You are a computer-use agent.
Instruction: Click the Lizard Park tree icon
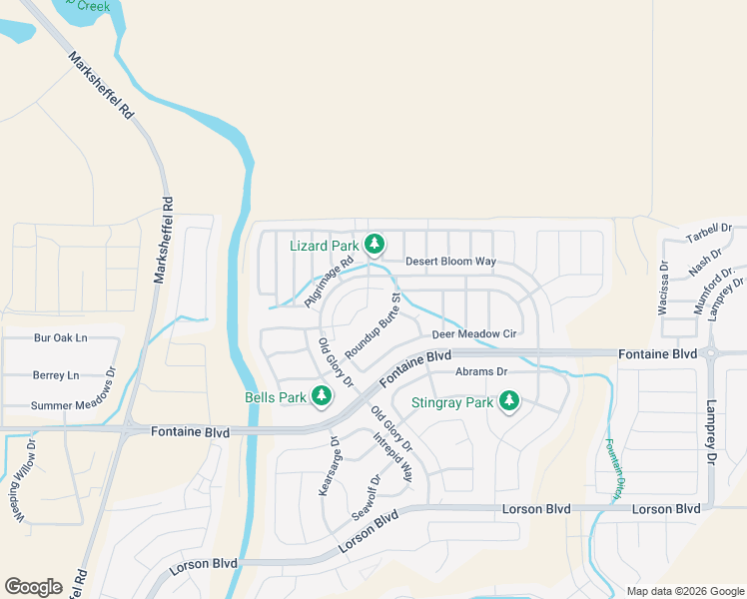pyautogui.click(x=374, y=244)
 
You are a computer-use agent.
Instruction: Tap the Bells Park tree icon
pyautogui.click(x=322, y=396)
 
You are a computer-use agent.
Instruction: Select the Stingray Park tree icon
pyautogui.click(x=509, y=401)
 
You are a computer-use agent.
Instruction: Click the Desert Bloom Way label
pyautogui.click(x=450, y=262)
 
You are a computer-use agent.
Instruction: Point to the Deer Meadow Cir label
pyautogui.click(x=473, y=334)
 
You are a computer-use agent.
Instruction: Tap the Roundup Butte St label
pyautogui.click(x=373, y=326)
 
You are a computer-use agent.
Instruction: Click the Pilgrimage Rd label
pyautogui.click(x=330, y=285)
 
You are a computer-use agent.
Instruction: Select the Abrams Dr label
pyautogui.click(x=481, y=371)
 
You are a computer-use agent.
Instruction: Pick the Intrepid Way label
pyautogui.click(x=392, y=457)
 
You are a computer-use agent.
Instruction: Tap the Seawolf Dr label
pyautogui.click(x=367, y=495)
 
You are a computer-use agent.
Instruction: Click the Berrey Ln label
pyautogui.click(x=55, y=375)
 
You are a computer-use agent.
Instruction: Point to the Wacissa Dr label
pyautogui.click(x=663, y=289)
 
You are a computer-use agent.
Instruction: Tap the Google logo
pyautogui.click(x=33, y=587)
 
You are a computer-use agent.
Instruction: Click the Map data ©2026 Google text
pyautogui.click(x=685, y=591)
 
